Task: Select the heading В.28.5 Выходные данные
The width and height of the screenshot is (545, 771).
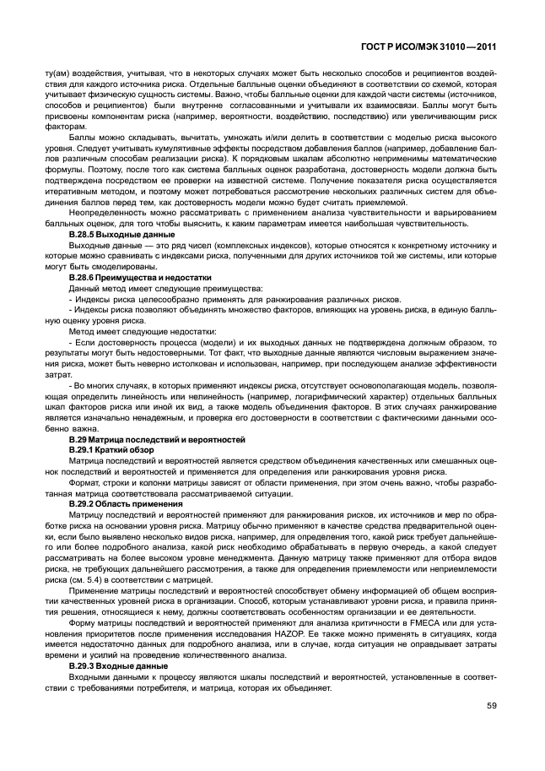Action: pyautogui.click(x=121, y=233)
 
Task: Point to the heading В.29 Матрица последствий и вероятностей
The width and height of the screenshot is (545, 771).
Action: pyautogui.click(x=157, y=440)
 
